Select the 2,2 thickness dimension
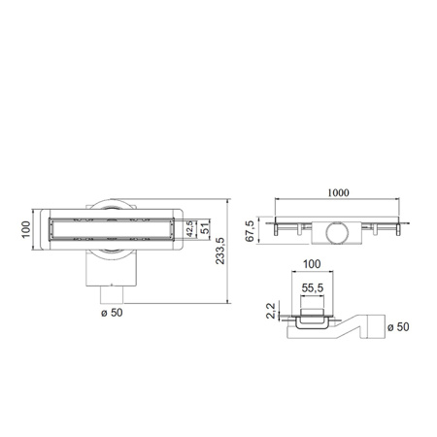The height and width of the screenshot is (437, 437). coord(271,311)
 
